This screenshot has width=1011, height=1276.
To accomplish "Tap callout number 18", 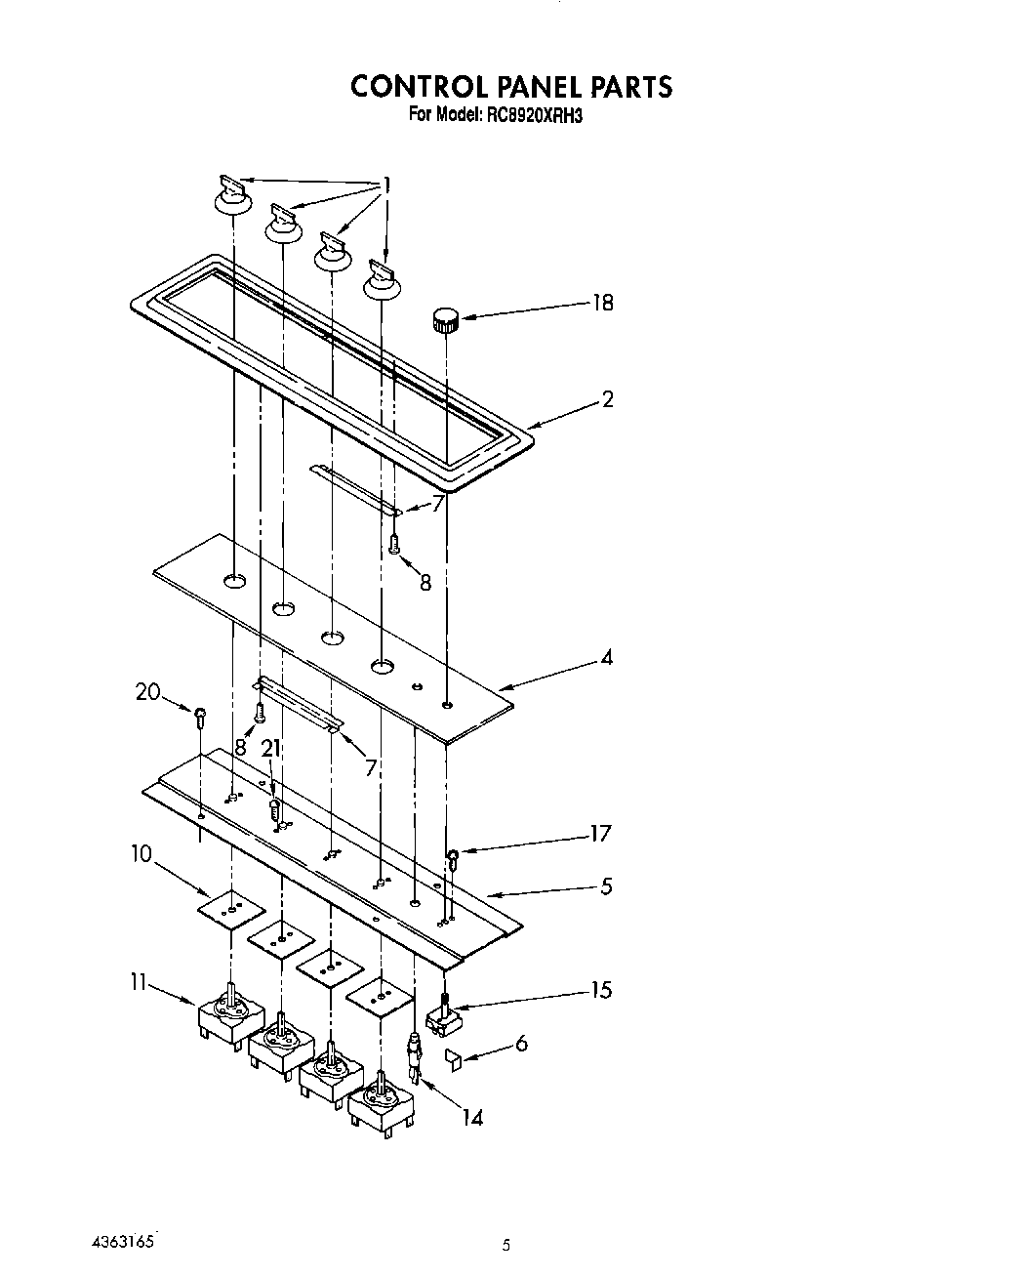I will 603,303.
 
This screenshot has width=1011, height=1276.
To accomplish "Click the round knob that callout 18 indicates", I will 446,318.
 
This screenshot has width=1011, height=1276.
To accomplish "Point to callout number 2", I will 607,398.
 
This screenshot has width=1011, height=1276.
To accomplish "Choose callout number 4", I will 607,658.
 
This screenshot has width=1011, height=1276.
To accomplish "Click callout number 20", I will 147,692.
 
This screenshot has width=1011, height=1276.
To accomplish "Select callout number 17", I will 600,833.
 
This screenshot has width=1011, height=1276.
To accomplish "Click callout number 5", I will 606,886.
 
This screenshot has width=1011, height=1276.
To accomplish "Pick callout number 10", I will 142,854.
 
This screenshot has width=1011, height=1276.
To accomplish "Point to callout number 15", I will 601,990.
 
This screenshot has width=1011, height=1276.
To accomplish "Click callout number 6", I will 521,1044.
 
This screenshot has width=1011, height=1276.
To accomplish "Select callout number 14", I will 472,1117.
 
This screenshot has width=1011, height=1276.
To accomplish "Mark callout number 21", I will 271,749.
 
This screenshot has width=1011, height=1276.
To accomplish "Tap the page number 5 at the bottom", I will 505,1244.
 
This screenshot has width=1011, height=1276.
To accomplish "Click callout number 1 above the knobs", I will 387,185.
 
